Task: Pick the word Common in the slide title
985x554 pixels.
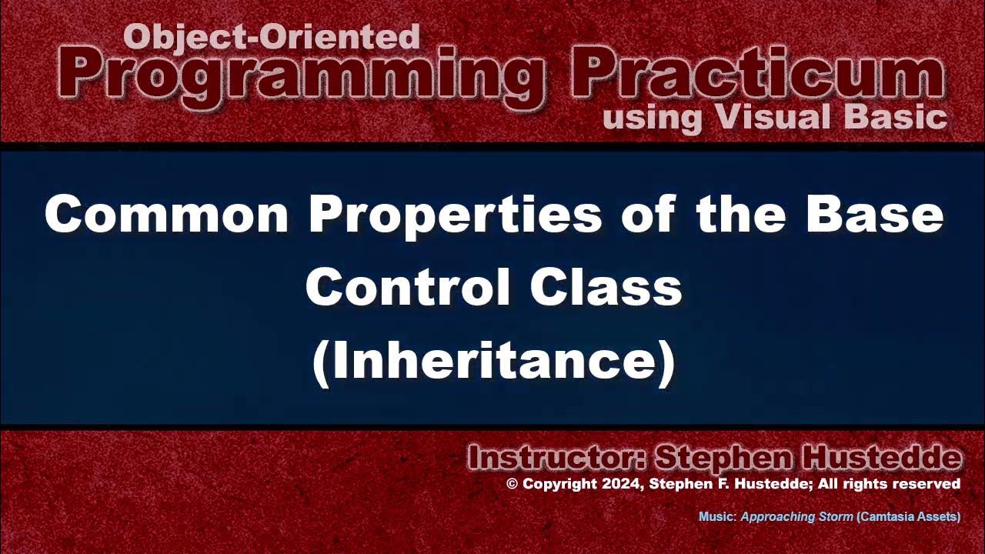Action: tap(166, 214)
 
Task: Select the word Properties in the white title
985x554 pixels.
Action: tap(455, 214)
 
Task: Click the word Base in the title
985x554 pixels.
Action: tap(874, 214)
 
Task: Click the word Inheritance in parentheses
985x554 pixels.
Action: tap(492, 362)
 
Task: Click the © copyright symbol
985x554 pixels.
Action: tap(513, 484)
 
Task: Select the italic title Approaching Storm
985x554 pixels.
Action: tap(796, 517)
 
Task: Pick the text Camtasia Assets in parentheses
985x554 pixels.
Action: tap(908, 517)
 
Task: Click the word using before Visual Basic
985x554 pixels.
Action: tap(653, 118)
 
